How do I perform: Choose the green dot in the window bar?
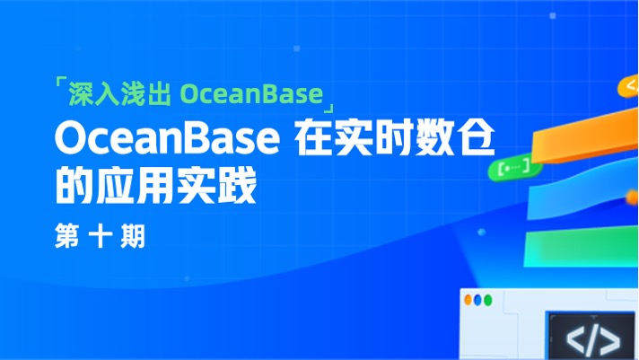[478, 299]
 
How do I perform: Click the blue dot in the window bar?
[489, 299]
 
